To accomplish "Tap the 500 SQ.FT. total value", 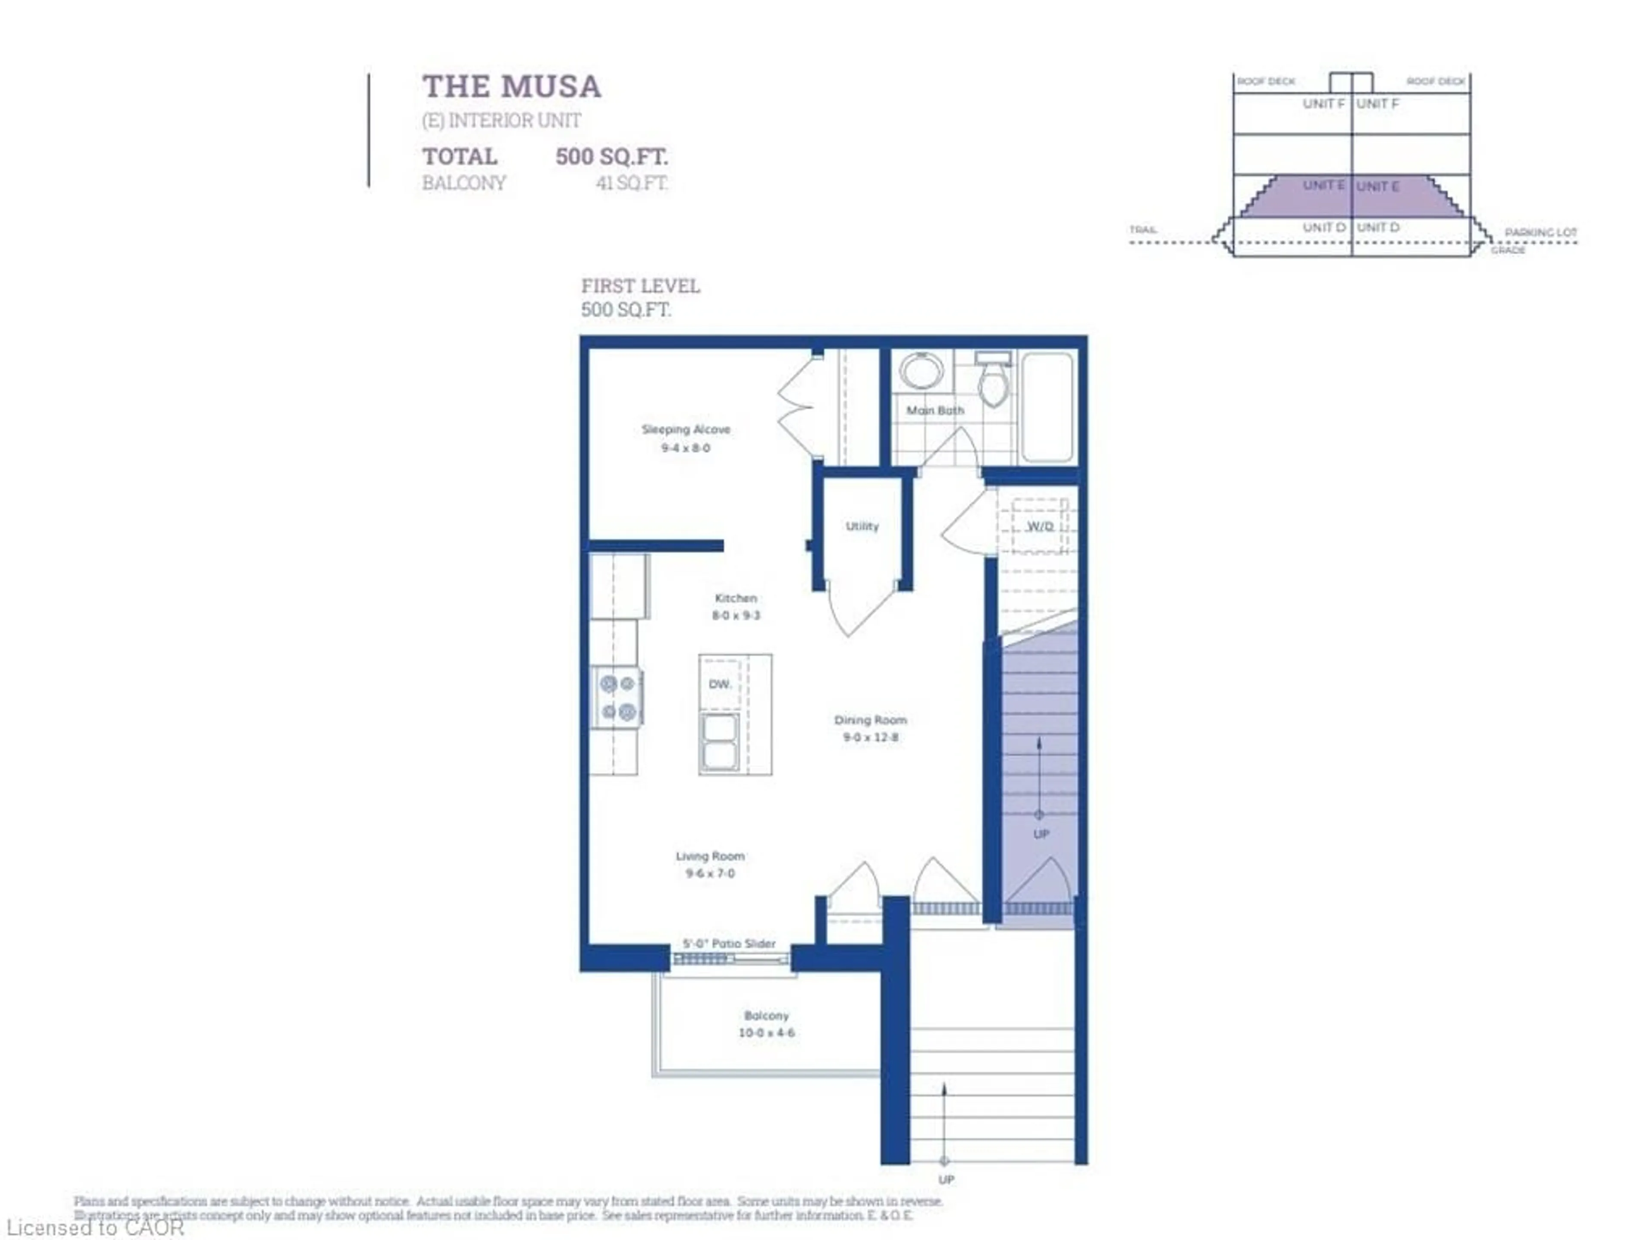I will point(611,157).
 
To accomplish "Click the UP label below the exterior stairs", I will point(945,1179).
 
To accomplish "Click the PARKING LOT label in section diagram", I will point(1541,233).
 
